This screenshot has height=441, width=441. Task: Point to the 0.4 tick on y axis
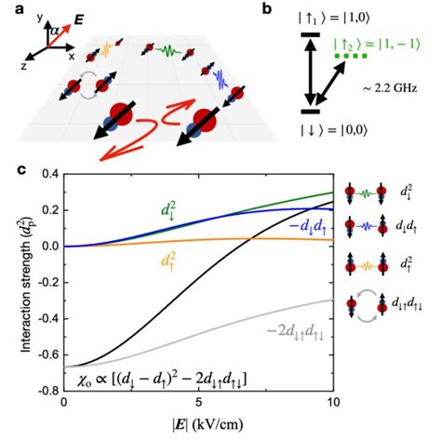[48, 174]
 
